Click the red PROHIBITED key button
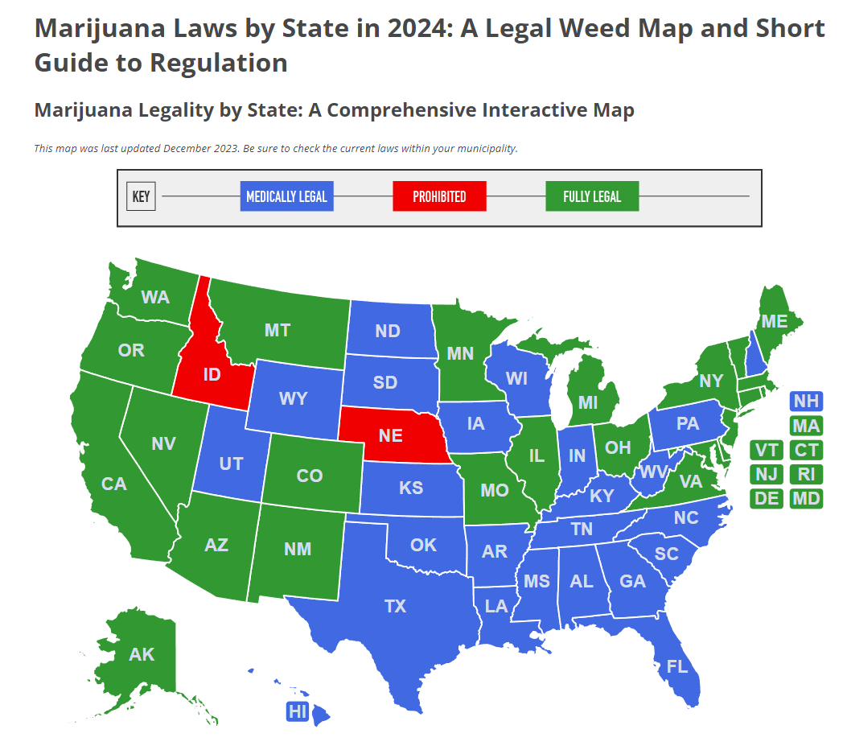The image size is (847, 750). [x=439, y=197]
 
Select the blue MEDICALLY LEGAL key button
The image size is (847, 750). [x=286, y=197]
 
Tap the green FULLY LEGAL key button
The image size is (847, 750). [x=592, y=197]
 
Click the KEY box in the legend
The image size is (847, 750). [x=141, y=197]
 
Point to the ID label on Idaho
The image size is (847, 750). [x=212, y=375]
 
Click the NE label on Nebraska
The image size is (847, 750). [x=390, y=435]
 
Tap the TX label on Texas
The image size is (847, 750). [x=395, y=606]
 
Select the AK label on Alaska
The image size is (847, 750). [x=142, y=654]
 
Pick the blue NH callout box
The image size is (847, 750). [x=806, y=402]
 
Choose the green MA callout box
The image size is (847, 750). [x=806, y=426]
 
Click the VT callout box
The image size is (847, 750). [x=767, y=450]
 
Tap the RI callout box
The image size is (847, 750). [x=806, y=474]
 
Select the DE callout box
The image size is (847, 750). [x=767, y=499]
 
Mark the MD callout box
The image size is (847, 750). [x=806, y=499]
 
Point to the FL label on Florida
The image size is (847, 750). [x=677, y=666]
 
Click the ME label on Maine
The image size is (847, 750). [x=775, y=321]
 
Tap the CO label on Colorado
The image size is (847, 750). [x=309, y=476]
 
